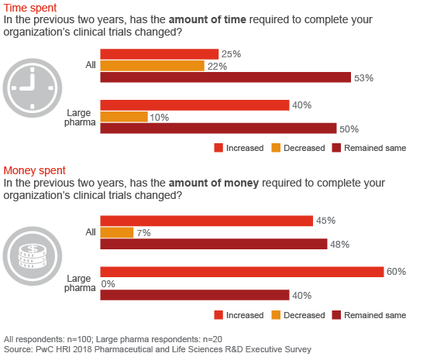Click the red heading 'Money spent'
35,170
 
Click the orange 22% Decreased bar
152,66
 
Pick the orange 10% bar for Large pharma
124,117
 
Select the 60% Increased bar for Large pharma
242,271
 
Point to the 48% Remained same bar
214,245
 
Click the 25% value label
231,54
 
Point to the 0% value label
109,283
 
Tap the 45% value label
325,221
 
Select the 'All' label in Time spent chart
90,65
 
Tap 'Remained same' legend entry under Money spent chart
374,315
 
